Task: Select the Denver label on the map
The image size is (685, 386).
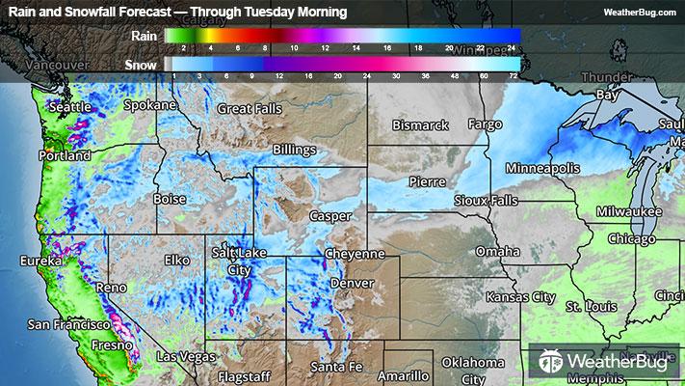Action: (352, 284)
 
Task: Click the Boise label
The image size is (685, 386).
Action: (171, 199)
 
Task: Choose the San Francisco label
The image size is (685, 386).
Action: (65, 323)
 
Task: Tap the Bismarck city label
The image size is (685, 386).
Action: (421, 125)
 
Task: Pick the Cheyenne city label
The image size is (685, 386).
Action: (355, 254)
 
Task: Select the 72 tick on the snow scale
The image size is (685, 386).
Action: (514, 74)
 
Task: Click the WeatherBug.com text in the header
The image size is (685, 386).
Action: (639, 12)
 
